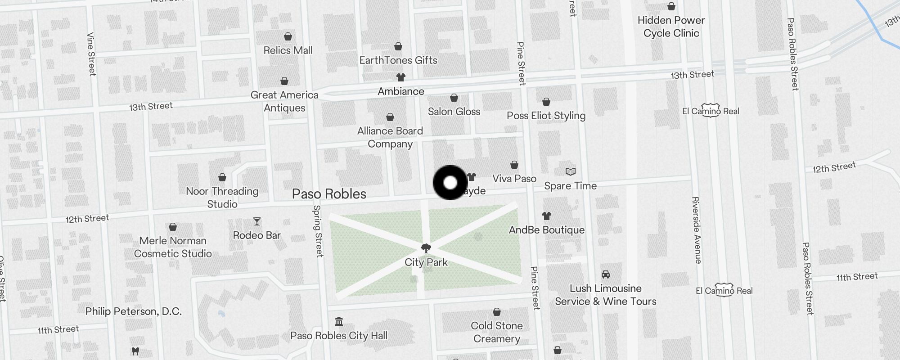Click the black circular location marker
pos(450,183)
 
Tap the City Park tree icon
pos(426,248)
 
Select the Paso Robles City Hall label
pos(338,336)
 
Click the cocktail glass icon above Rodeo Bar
pos(257,221)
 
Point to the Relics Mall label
pos(288,50)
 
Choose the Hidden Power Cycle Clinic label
pos(671,27)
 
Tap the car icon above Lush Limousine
pos(606,274)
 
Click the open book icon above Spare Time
pos(570,171)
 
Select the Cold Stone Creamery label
pos(497,332)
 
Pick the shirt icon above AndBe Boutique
pos(547,216)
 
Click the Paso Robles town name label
pos(329,194)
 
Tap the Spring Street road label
pos(318,231)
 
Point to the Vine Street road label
pos(91,54)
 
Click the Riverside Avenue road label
pos(697,230)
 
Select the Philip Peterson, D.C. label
pos(134,311)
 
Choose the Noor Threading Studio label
pos(222,198)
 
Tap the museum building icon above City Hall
pos(339,322)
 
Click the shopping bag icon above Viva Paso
pos(514,165)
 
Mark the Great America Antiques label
pos(284,101)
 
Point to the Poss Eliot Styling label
pos(546,116)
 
